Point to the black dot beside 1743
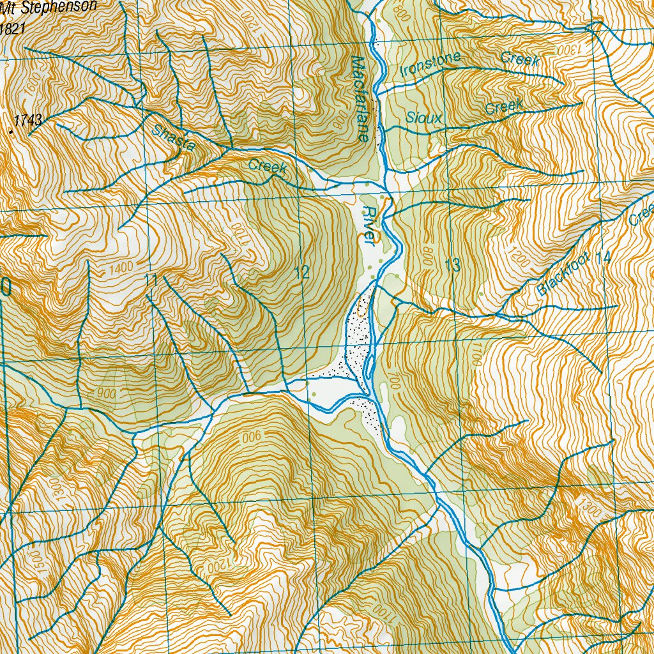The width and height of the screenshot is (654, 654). (10, 132)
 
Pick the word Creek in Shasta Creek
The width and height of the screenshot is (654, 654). (267, 168)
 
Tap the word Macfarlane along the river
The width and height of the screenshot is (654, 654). (361, 99)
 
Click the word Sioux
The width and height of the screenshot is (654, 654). (420, 118)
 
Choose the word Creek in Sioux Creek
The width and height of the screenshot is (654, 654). (504, 107)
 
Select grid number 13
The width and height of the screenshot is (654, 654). (452, 266)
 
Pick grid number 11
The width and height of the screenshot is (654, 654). (151, 280)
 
